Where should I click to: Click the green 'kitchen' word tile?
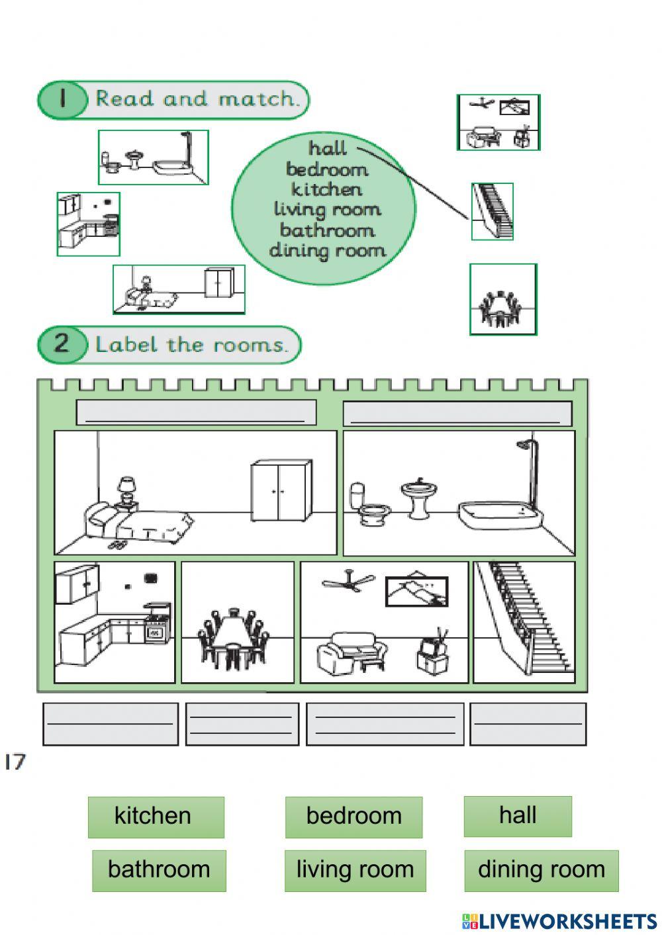156,817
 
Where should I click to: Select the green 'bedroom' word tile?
354,817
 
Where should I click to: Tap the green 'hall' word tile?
517,816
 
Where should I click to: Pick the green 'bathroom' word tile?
159,870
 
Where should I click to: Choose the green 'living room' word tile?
355,870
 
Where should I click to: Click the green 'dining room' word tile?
541,870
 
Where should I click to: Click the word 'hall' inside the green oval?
327,148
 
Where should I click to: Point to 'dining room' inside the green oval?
327,251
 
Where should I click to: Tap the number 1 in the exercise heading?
63,99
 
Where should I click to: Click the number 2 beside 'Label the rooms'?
62,343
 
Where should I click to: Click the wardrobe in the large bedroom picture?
281,491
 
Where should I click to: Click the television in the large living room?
433,654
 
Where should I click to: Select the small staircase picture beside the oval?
492,212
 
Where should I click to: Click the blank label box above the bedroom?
196,413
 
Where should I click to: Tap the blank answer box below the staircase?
528,724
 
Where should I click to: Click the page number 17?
15,762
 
